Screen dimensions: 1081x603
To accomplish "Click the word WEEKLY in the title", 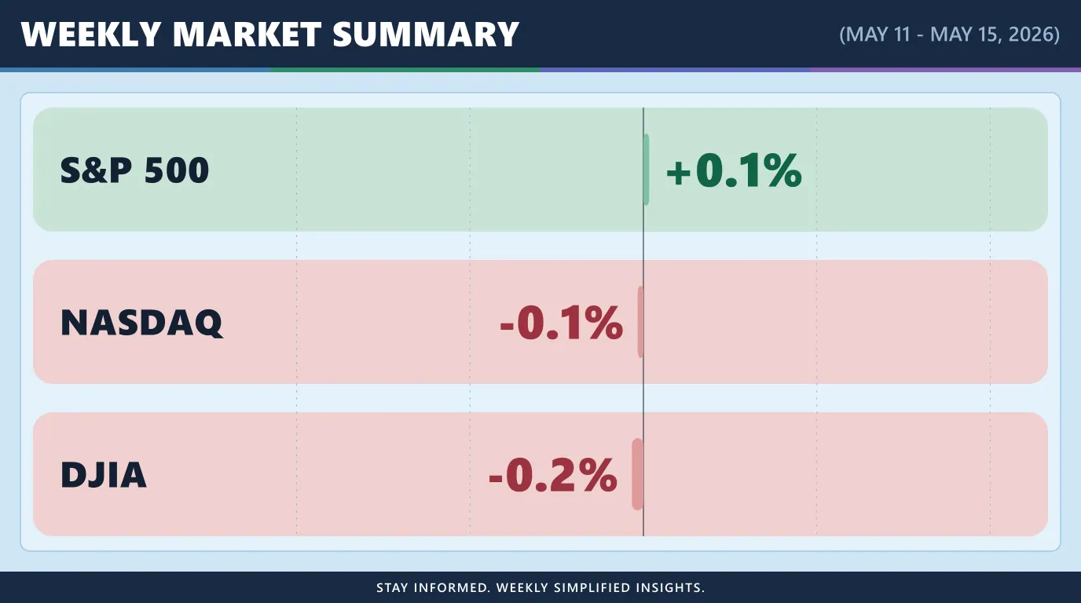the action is pos(90,35).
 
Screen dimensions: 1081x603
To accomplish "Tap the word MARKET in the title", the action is pos(247,35).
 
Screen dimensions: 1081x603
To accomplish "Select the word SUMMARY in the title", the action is pos(426,35).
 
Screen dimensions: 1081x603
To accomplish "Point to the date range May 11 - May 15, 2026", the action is pos(949,35).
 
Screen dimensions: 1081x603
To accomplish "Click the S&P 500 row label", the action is pos(134,170).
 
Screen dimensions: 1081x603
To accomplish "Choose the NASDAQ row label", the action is pos(142,323).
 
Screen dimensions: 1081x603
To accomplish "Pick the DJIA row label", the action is pos(103,475).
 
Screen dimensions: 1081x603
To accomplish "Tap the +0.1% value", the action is pos(734,170).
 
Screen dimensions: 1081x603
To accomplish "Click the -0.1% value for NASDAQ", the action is pos(561,323).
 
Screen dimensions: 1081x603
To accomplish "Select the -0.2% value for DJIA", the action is pos(553,475).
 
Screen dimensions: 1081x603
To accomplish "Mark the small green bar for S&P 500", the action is pos(647,170).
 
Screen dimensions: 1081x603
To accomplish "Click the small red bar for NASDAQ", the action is pos(640,322).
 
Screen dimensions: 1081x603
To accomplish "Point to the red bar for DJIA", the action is pos(637,474).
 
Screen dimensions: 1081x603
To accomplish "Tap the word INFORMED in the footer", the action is pos(452,587).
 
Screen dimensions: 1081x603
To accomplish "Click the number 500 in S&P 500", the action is pos(177,170).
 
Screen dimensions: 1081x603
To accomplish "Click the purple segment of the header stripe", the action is pos(946,70).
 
